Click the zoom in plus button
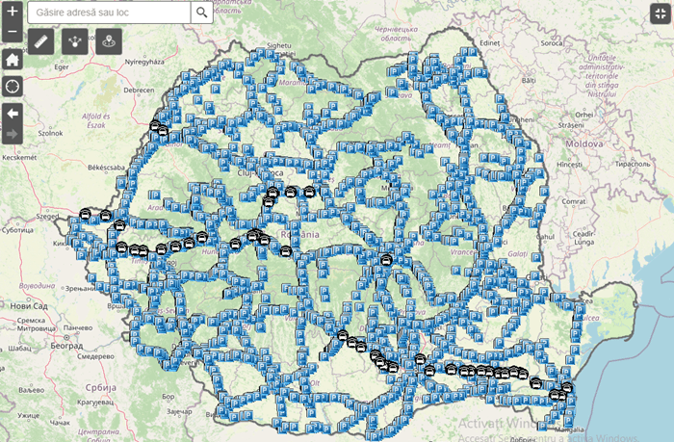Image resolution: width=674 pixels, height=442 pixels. tap(12, 13)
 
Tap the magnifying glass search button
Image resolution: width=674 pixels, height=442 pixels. tap(201, 13)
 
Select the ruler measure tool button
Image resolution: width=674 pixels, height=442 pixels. tap(40, 40)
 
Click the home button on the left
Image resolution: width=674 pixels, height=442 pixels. tap(12, 60)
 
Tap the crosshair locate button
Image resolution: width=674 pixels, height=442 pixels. tap(12, 87)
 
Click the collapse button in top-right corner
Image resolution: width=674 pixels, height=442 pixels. tap(660, 13)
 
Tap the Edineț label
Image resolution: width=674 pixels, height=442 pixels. tap(493, 42)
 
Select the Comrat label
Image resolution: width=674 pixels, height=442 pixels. tap(576, 199)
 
